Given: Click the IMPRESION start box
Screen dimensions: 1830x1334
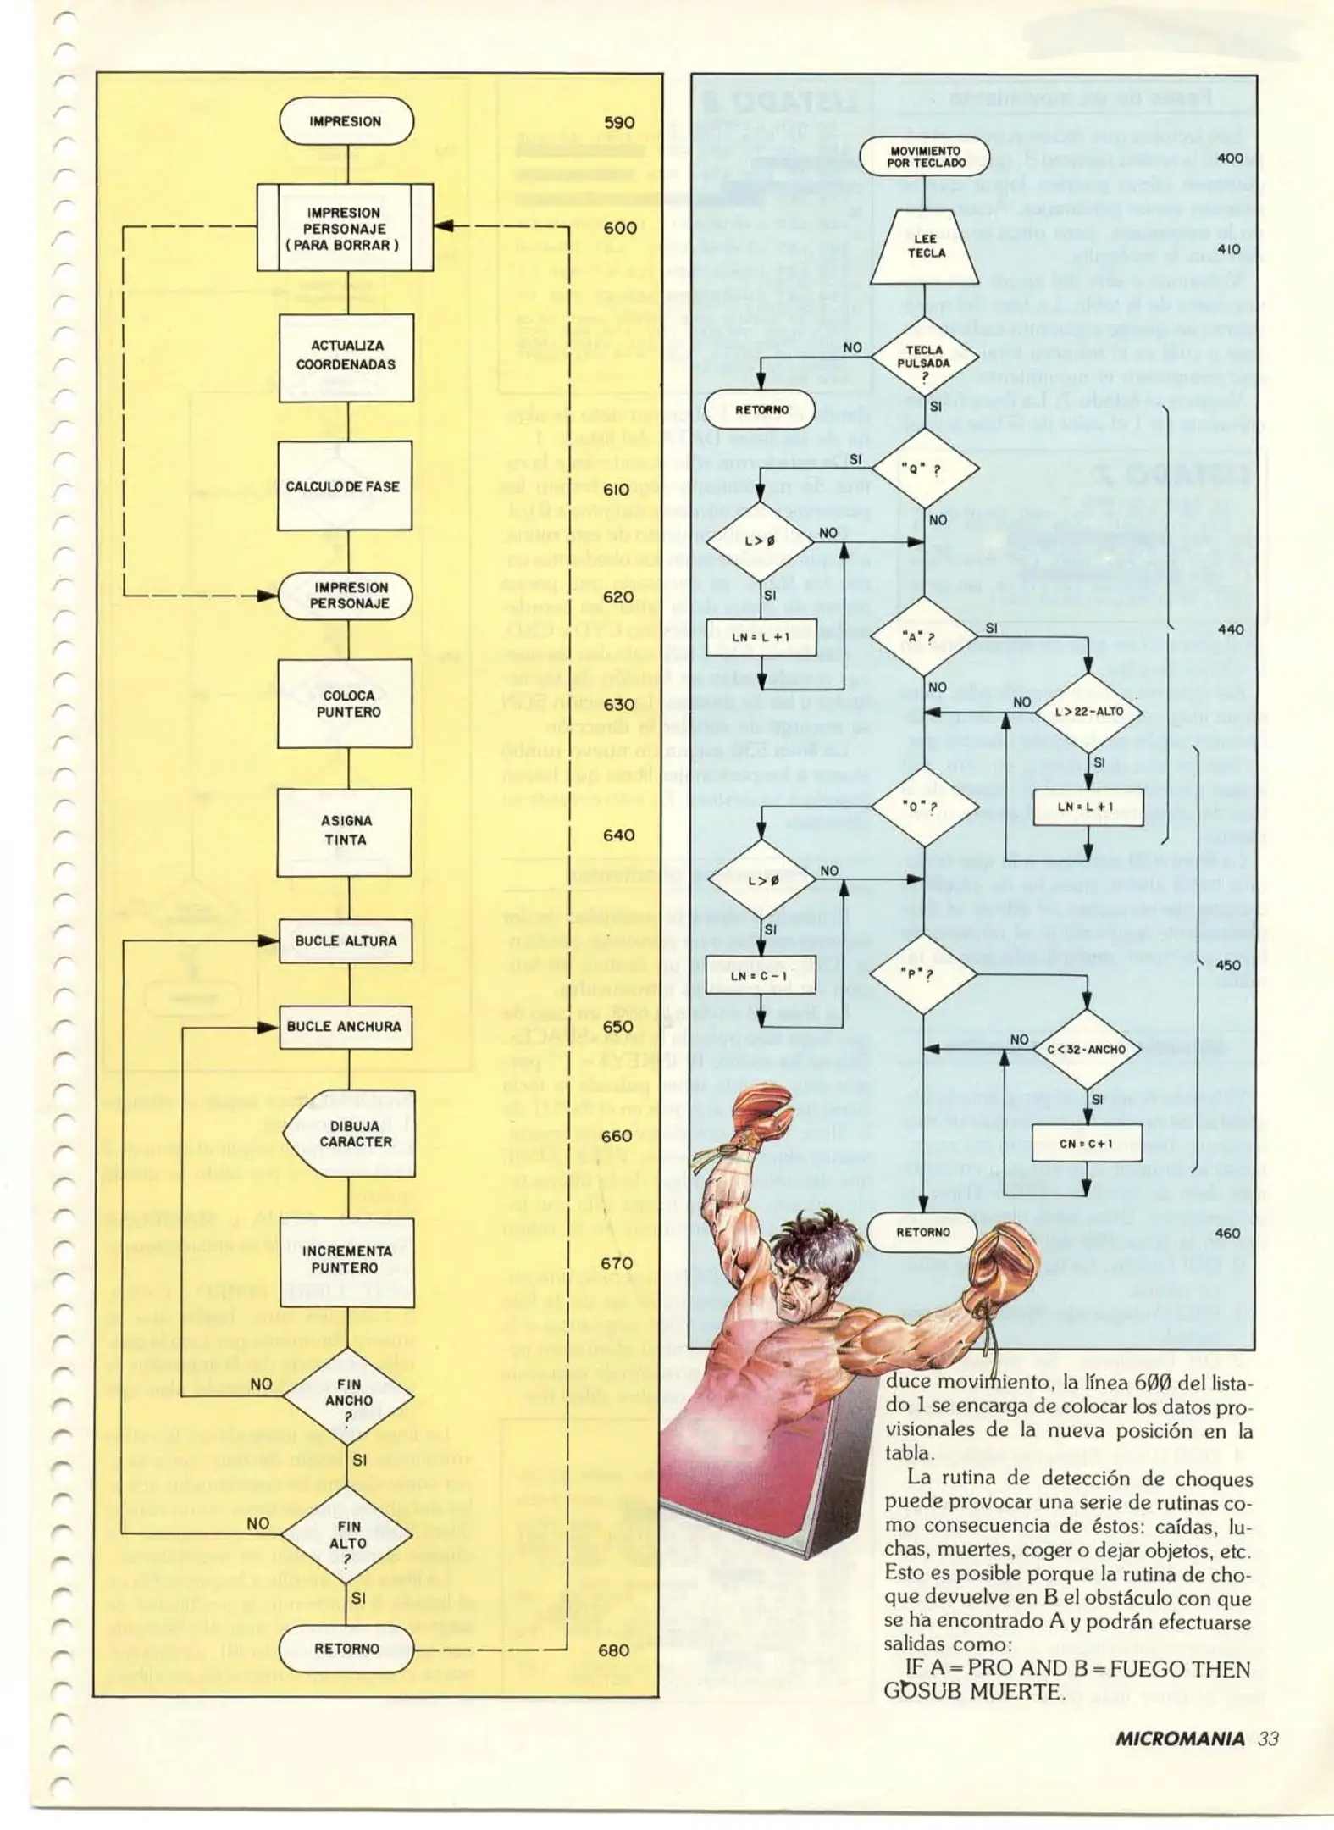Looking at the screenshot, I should [346, 121].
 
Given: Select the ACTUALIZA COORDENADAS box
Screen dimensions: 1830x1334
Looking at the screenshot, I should [346, 356].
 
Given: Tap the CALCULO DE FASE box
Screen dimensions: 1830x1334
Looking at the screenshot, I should [344, 486].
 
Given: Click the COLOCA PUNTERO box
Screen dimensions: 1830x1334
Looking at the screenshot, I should [346, 703].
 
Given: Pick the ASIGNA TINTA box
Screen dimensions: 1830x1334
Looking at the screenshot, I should [345, 830].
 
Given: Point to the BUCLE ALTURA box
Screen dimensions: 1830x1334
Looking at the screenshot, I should [346, 941].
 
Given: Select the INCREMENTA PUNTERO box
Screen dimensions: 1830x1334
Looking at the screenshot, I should [345, 1259].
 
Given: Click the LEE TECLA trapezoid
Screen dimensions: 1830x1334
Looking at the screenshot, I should [926, 247].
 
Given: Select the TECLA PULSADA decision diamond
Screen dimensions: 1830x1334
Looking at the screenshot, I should [924, 363].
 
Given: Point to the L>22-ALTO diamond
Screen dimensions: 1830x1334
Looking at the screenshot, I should [1088, 712].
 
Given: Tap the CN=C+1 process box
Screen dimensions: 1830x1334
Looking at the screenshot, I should [1087, 1144].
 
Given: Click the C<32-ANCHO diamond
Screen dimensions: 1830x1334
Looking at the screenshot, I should [1087, 1050].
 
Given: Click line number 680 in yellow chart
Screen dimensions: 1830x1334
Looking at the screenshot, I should [613, 1650].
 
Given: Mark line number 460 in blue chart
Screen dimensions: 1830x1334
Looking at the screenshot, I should [1227, 1233].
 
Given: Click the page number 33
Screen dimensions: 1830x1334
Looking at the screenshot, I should [1268, 1739].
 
